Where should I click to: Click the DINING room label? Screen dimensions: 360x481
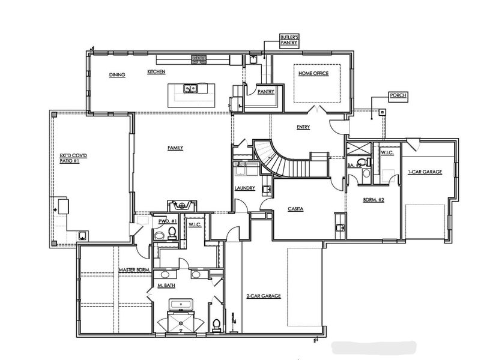pyautogui.click(x=116, y=75)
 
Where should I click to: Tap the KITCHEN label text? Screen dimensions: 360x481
pyautogui.click(x=156, y=72)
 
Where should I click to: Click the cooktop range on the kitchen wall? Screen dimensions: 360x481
pyautogui.click(x=199, y=59)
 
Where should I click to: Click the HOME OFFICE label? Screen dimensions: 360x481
pyautogui.click(x=315, y=74)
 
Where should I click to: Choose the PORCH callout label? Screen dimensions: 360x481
pyautogui.click(x=397, y=95)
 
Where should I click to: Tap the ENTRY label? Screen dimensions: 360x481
pyautogui.click(x=303, y=127)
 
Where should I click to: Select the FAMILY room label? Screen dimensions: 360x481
pyautogui.click(x=175, y=148)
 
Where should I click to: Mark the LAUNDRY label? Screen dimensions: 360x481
pyautogui.click(x=245, y=188)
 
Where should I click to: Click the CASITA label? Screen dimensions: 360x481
pyautogui.click(x=295, y=208)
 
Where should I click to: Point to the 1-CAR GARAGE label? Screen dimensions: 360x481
pyautogui.click(x=425, y=172)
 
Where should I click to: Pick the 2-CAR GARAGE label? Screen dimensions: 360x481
pyautogui.click(x=264, y=296)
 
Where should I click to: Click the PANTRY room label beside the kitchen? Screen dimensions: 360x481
pyautogui.click(x=265, y=92)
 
